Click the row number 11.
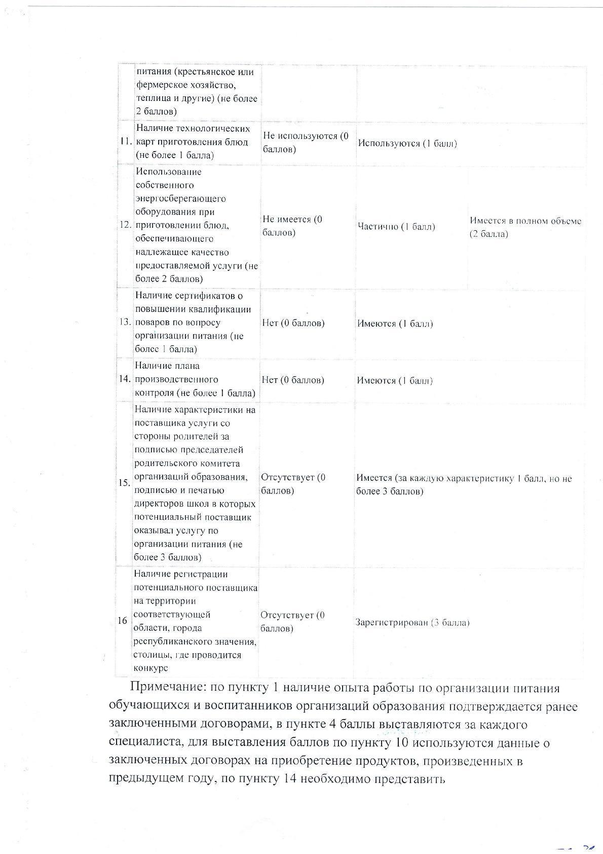coord(126,142)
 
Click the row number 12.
coord(126,225)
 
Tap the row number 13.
coord(125,322)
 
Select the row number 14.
coord(125,379)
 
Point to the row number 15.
coord(125,483)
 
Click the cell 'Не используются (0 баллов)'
coord(306,143)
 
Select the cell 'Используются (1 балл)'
coord(407,143)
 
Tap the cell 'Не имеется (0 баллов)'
coord(292,226)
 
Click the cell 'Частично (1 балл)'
coord(396,226)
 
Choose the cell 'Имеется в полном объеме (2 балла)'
coord(525,227)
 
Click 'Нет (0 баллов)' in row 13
coord(293,323)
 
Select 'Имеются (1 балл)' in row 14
coord(395,380)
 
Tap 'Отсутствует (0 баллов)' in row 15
coord(293,484)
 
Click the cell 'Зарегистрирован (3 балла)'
coord(412,622)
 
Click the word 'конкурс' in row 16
coord(151,668)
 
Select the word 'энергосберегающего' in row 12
coord(181,198)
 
